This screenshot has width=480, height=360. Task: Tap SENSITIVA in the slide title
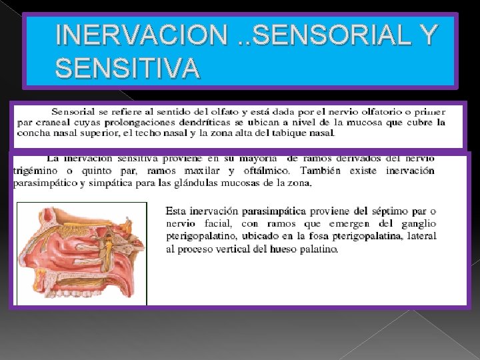(x=127, y=67)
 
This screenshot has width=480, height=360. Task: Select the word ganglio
(x=417, y=223)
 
